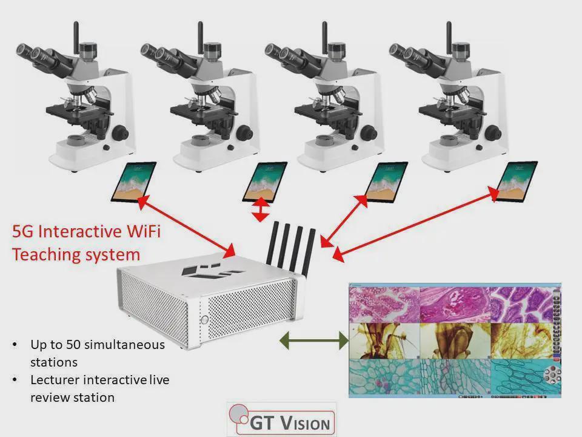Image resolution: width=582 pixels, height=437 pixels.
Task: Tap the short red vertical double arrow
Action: tap(261, 209)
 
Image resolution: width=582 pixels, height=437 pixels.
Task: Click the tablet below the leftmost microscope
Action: tap(133, 181)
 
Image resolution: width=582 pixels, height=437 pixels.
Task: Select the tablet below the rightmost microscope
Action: tap(517, 181)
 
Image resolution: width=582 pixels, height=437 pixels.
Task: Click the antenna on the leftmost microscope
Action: tap(77, 38)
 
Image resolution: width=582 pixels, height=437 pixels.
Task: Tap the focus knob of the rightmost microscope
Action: tap(495, 131)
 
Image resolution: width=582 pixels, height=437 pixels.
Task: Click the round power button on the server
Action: tap(205, 319)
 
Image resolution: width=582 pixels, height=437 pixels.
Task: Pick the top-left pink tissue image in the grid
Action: tap(384, 304)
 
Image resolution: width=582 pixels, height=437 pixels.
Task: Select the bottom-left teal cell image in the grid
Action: tap(384, 376)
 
